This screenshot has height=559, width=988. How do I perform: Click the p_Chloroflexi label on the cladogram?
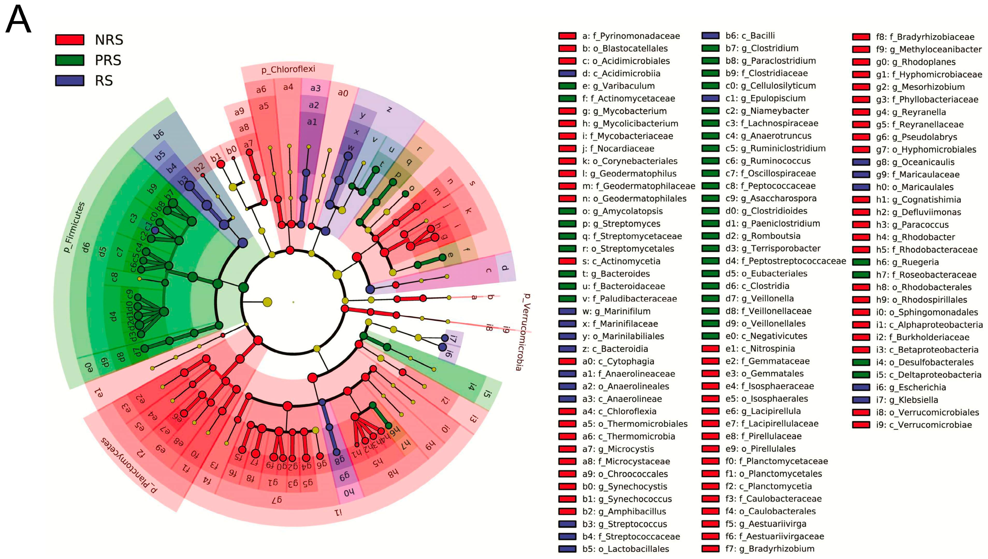pos(288,69)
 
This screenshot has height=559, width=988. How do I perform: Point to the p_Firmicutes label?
pos(74,227)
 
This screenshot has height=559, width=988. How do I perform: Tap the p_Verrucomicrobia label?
pos(522,332)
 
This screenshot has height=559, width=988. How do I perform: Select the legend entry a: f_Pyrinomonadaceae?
pos(631,36)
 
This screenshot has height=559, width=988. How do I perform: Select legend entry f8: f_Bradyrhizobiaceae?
pos(925,37)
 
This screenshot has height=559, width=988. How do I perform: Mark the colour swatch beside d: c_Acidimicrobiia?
pos(567,73)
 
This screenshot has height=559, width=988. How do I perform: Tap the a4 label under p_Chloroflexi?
pos(288,87)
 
